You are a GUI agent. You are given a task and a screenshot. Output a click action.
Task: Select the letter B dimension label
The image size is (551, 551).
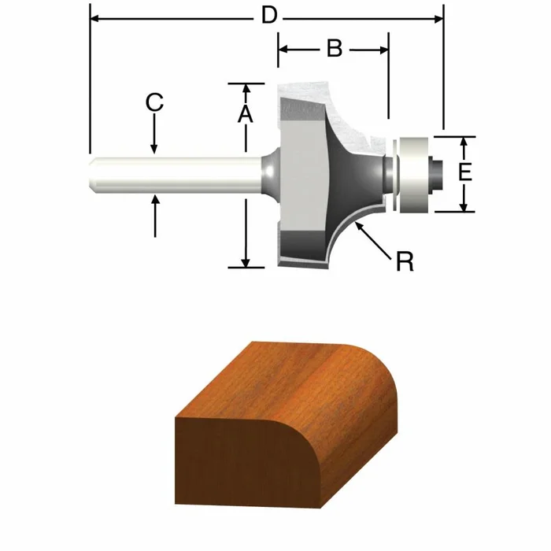point(334,49)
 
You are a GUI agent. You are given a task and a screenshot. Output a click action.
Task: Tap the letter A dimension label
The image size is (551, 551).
point(245,115)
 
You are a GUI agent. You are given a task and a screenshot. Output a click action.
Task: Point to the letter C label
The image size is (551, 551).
point(154,102)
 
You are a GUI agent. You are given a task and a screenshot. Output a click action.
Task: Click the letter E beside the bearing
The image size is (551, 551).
point(465,172)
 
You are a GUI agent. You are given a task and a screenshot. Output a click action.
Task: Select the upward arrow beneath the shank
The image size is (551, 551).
point(154,200)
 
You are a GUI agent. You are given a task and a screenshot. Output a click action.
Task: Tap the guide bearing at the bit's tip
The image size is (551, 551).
point(412,174)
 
